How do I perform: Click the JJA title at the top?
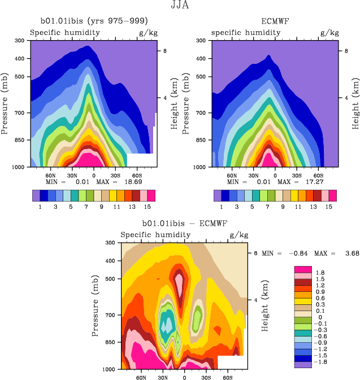pyautogui.click(x=180, y=6)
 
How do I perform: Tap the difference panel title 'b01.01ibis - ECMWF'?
pyautogui.click(x=184, y=224)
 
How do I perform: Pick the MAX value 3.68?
pyautogui.click(x=350, y=254)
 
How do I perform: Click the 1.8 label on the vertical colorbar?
pyautogui.click(x=320, y=272)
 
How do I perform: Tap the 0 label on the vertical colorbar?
pyautogui.click(x=318, y=317)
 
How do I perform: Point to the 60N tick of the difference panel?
pyautogui.click(x=141, y=377)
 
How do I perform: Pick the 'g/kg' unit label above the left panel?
pyautogui.click(x=149, y=32)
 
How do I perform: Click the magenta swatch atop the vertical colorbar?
pyautogui.click(x=303, y=269)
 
